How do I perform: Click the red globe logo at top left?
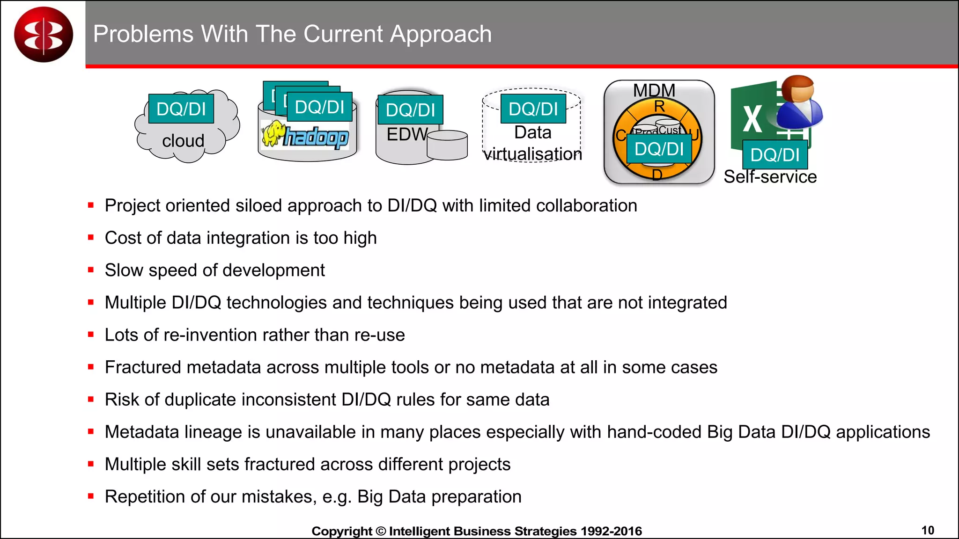click(44, 35)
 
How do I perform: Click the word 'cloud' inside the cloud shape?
click(183, 141)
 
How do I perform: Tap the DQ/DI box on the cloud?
click(181, 109)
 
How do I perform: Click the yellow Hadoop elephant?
click(273, 134)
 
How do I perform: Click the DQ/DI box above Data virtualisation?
click(533, 109)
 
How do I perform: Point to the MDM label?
click(654, 90)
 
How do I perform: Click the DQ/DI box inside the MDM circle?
click(659, 149)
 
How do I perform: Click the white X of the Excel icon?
click(752, 120)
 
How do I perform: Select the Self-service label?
click(770, 177)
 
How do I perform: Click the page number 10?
click(928, 530)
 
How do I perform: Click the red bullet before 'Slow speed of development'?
click(91, 270)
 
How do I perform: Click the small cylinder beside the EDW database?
click(447, 145)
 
